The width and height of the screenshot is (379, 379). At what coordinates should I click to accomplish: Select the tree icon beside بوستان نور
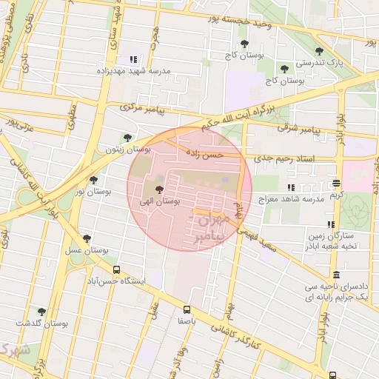coord(93,180)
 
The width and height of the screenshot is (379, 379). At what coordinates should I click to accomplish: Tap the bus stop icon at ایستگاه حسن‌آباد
coord(116,271)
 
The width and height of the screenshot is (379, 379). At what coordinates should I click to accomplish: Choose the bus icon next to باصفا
coord(187,310)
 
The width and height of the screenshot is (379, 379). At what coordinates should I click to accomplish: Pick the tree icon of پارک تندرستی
coord(319,52)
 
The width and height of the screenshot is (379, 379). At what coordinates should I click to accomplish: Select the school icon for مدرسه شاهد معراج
coord(291,188)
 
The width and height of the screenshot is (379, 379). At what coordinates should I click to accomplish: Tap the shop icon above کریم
coord(336,183)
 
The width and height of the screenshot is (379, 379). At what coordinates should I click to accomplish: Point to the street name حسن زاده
coord(204,155)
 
